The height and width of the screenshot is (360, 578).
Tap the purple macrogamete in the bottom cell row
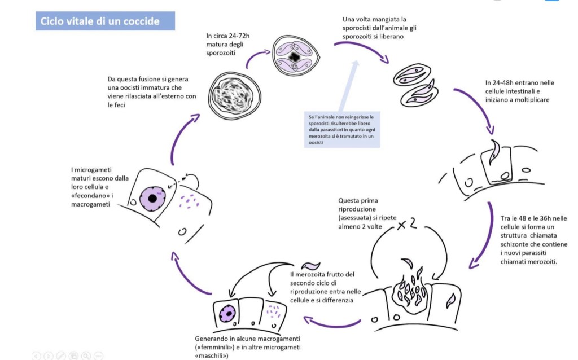coord(228,313)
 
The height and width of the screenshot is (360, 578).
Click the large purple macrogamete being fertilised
coord(152,199)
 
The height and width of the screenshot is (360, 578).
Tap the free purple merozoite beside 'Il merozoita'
coord(311,265)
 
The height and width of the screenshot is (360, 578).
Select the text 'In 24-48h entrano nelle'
coord(519,83)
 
